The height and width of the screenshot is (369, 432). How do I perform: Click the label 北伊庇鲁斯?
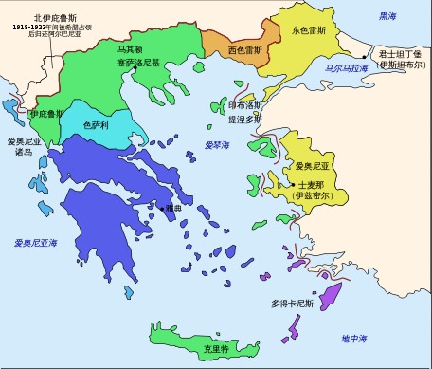tap(53, 18)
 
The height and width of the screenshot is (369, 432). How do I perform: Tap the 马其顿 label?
tap(132, 49)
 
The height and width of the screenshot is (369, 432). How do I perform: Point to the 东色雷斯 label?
tap(311, 29)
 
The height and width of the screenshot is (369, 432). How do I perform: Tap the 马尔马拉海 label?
tap(348, 69)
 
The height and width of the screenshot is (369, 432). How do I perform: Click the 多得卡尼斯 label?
tap(292, 304)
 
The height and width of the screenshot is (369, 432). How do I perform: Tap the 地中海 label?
tap(355, 338)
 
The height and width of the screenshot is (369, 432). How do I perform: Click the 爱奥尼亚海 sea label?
tap(38, 244)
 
